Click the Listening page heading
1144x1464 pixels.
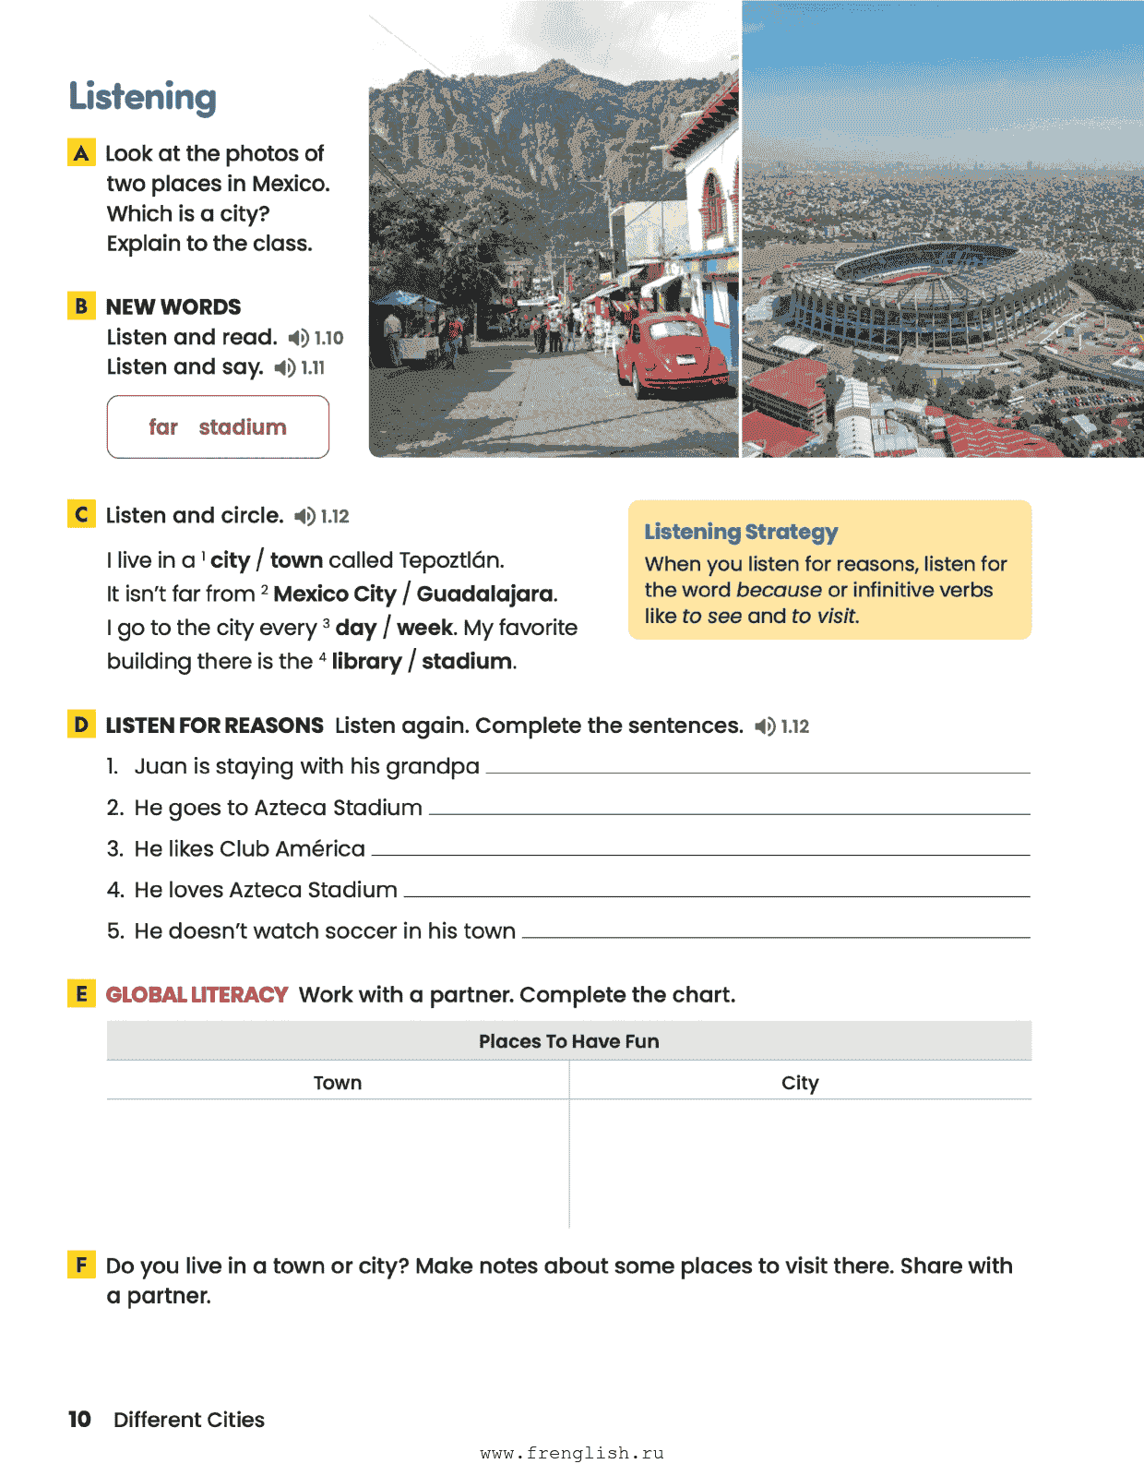tap(143, 97)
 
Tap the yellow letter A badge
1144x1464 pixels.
tap(81, 152)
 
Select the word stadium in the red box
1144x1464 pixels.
tap(243, 427)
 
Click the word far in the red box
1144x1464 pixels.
tap(163, 427)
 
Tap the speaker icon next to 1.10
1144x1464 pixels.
tap(298, 338)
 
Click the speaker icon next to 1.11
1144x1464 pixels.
tap(285, 367)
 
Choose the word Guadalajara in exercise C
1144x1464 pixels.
tap(485, 594)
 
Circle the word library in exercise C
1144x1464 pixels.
tap(366, 661)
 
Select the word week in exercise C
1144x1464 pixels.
tap(424, 628)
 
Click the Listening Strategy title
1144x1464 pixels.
tap(741, 532)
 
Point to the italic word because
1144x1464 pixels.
tap(779, 590)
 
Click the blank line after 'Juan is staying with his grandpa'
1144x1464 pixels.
tap(757, 770)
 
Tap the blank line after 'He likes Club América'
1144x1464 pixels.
tap(699, 852)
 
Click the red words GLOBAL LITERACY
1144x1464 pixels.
tap(197, 994)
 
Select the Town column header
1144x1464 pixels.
tap(338, 1083)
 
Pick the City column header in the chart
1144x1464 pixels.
tap(800, 1083)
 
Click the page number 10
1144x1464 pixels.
tap(79, 1419)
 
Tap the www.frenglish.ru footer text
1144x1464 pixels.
tap(572, 1453)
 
